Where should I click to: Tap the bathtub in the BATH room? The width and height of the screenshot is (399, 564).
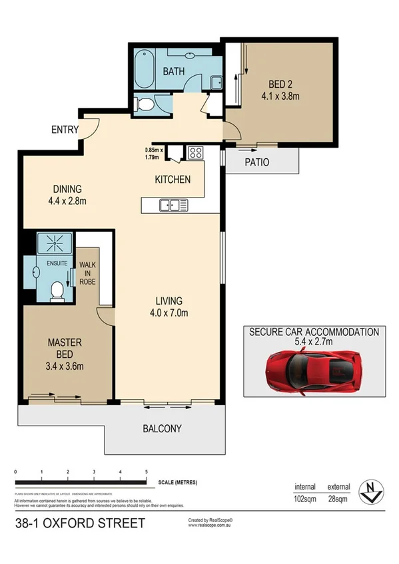coord(142,69)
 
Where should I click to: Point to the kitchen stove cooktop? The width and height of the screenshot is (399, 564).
coord(195,153)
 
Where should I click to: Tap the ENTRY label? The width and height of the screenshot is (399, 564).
coord(65,130)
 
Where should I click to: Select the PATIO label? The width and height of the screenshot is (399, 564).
coord(256,162)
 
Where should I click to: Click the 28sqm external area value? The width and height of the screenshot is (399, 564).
coord(336,498)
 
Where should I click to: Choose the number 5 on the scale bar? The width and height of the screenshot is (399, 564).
coord(146,472)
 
